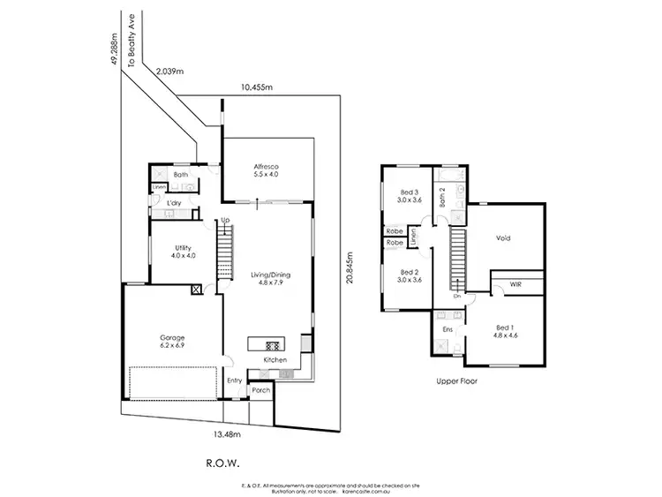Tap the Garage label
pos(171,337)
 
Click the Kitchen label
pos(275,361)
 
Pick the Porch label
pos(260,389)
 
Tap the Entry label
pos(234,380)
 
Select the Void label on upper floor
pos(504,237)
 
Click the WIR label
pos(503,284)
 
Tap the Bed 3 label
pos(410,192)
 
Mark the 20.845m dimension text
pos(350,264)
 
